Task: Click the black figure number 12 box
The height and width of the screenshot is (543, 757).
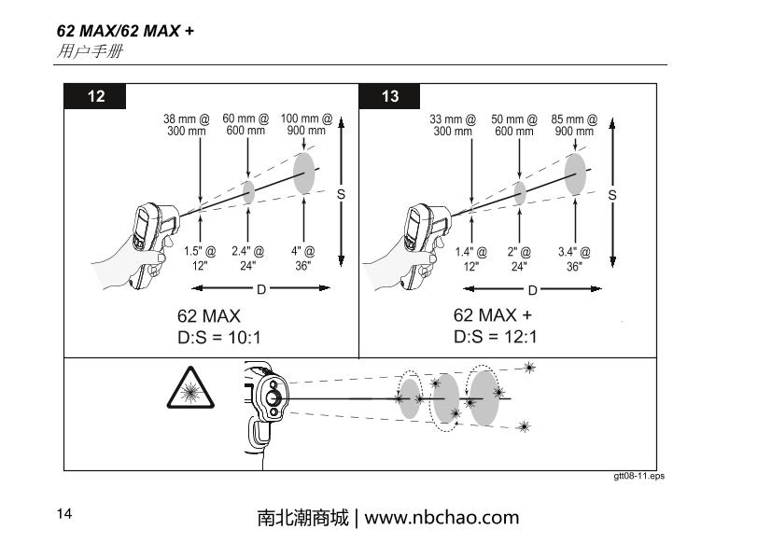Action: tap(94, 96)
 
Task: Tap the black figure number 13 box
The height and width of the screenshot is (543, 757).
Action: tap(389, 96)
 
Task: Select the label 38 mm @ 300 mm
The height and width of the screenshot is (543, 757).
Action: tap(187, 125)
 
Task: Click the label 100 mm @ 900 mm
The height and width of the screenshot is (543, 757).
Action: tap(306, 124)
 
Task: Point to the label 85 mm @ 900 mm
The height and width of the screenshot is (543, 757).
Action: tap(574, 125)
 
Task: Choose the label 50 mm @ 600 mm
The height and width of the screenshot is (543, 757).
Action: tap(514, 125)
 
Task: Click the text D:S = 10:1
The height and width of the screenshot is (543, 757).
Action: tap(219, 338)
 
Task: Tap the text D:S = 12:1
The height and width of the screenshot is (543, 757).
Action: tap(496, 337)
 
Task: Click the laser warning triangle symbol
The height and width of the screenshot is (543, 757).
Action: tap(190, 387)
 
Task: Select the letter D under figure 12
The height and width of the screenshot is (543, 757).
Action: tap(261, 289)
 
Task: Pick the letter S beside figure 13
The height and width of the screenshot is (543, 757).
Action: tap(612, 195)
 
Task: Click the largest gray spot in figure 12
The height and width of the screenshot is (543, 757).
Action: tap(304, 174)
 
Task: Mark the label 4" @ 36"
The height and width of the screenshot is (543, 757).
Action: tap(302, 258)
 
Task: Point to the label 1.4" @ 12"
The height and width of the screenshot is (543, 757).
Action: tap(470, 258)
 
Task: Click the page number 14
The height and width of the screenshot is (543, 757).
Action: tap(64, 513)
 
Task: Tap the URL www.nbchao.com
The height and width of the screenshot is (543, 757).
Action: tap(442, 518)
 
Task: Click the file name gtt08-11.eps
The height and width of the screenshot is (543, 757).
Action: tap(639, 476)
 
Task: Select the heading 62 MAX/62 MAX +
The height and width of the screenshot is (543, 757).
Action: tap(125, 31)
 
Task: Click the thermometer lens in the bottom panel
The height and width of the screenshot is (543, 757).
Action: tap(273, 398)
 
